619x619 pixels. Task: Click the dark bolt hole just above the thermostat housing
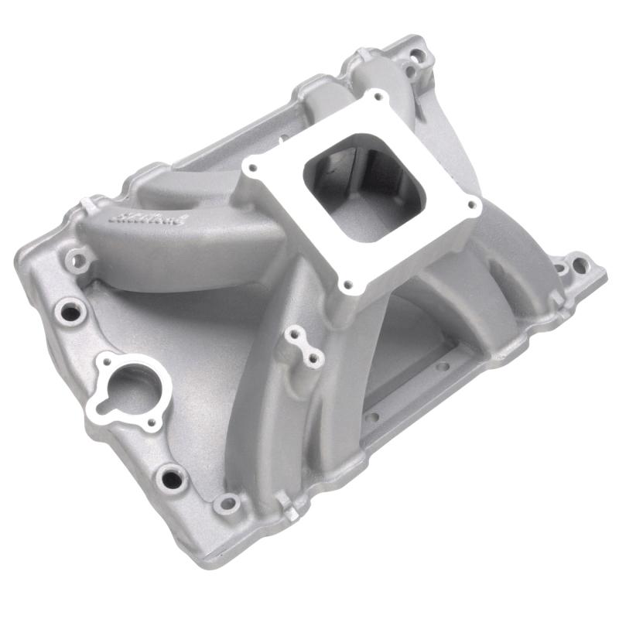click(71, 313)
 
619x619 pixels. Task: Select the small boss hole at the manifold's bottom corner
click(227, 504)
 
